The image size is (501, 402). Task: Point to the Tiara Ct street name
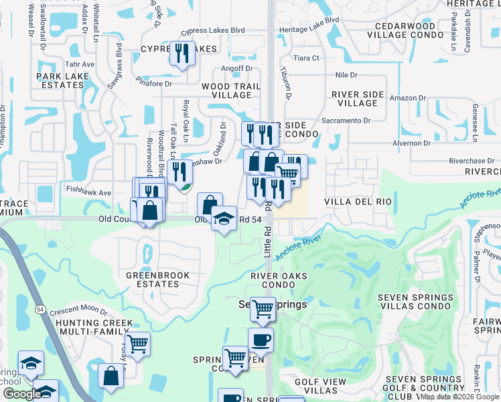(x=306, y=58)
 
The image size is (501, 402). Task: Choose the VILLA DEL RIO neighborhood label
(x=357, y=202)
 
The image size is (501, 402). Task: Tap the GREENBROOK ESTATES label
(x=158, y=279)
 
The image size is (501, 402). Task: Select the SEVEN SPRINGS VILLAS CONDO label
(x=416, y=301)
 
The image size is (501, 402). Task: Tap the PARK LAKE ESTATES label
(x=64, y=81)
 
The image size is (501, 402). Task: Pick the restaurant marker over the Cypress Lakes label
(x=182, y=53)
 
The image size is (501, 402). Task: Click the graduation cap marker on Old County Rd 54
(x=224, y=217)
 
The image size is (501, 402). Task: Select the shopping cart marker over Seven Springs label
(x=263, y=308)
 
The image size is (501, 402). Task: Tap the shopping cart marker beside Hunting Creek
(x=137, y=344)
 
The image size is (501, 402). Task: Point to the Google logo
(x=21, y=394)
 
